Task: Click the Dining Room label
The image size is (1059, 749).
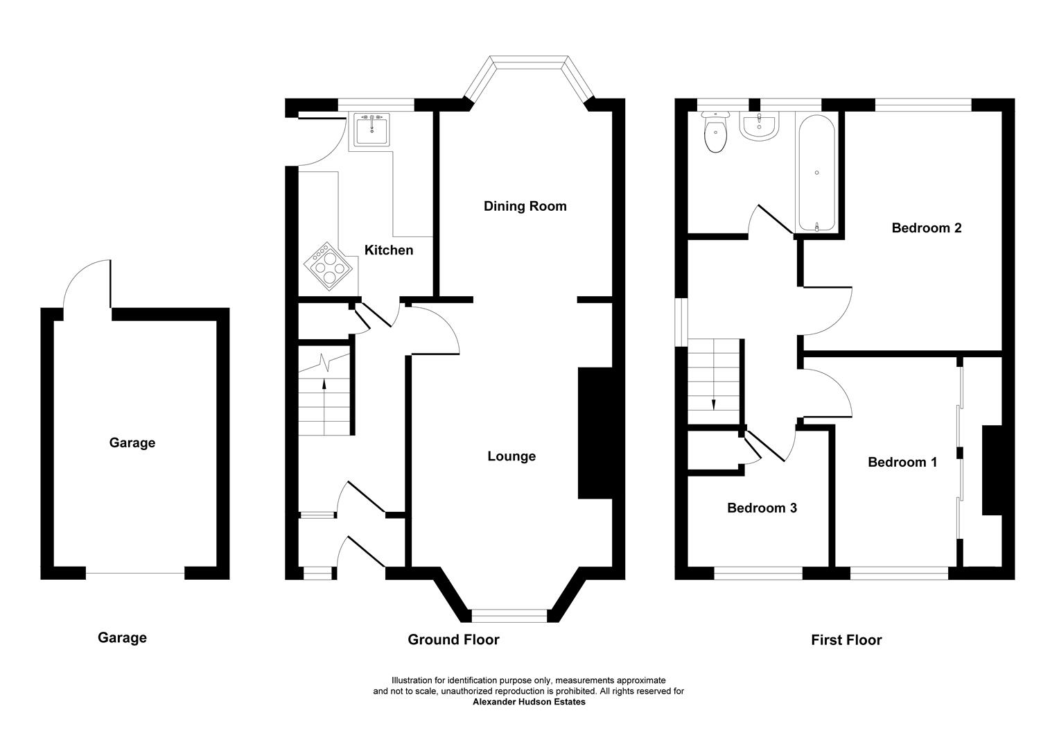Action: (x=525, y=206)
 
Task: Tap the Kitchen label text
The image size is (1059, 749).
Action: (x=389, y=250)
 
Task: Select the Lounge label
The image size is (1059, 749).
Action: (x=511, y=456)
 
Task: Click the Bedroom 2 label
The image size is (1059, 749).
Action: (x=926, y=227)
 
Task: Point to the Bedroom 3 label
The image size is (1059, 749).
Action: (x=762, y=508)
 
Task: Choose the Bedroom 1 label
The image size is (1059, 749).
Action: (x=902, y=462)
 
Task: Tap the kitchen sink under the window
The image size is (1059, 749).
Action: (x=371, y=130)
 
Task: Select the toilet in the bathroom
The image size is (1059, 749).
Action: (x=715, y=134)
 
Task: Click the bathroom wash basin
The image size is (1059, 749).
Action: (x=760, y=126)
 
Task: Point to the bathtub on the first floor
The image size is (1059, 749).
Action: (x=817, y=173)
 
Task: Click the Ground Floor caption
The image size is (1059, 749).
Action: (x=453, y=639)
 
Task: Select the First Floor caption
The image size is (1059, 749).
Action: (x=846, y=640)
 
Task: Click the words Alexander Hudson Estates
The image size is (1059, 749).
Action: (x=529, y=702)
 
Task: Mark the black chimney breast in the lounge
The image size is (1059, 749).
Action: (x=595, y=433)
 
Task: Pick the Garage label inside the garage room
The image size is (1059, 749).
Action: (x=132, y=442)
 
